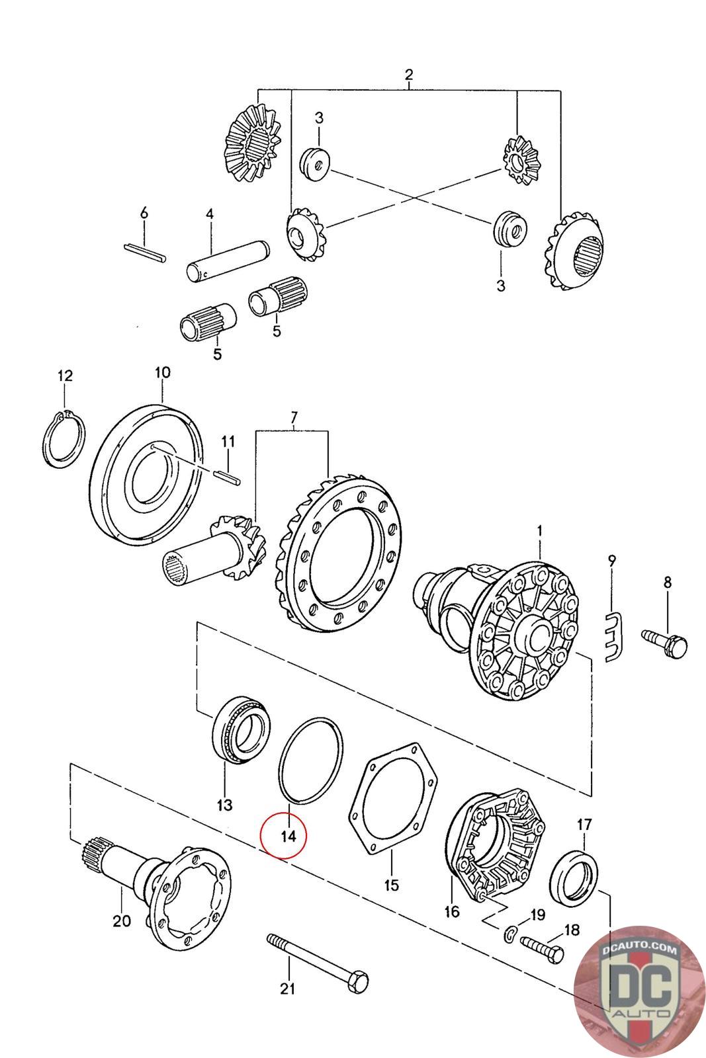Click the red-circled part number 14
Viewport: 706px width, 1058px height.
(x=288, y=836)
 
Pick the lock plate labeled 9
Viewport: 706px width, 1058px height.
(x=614, y=637)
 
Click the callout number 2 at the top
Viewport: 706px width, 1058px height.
(x=409, y=74)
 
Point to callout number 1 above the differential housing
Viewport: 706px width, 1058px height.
(x=540, y=532)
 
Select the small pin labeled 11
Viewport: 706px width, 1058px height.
(x=228, y=475)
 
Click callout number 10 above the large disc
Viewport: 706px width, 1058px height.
(x=162, y=373)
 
